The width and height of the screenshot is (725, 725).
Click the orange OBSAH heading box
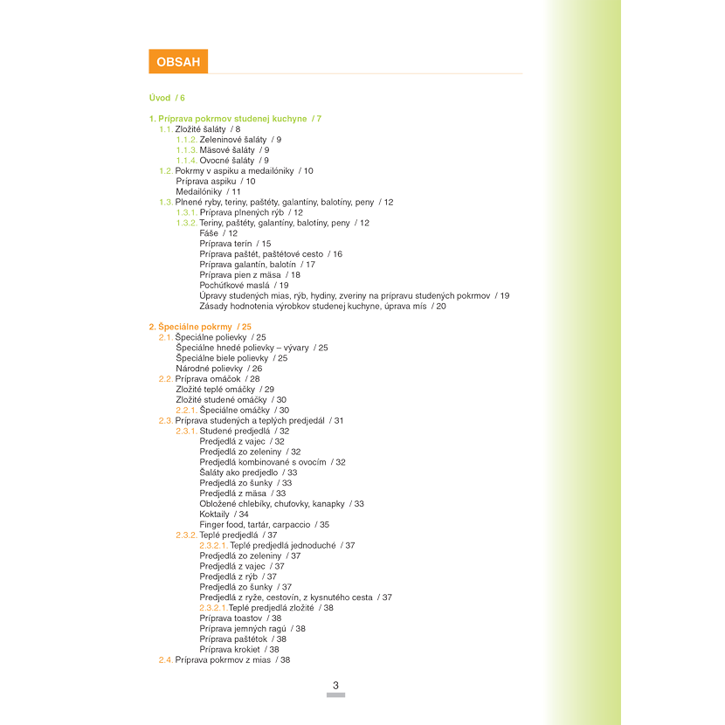[178, 61]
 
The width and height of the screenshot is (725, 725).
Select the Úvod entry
[167, 97]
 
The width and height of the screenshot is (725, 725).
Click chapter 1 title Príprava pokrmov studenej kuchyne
[235, 118]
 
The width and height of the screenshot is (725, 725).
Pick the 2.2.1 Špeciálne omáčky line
[232, 410]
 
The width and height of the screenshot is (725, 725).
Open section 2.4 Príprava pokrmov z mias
[224, 659]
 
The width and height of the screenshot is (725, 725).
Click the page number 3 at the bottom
[335, 685]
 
